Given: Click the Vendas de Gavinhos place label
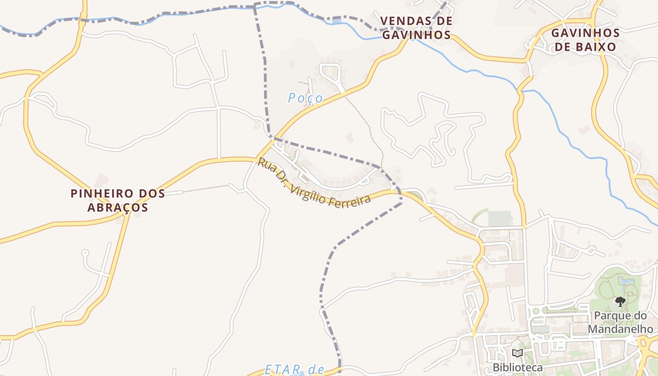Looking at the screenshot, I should pyautogui.click(x=416, y=28).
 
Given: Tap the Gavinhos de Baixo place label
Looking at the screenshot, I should pyautogui.click(x=585, y=40).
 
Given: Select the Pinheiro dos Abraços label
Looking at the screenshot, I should pyautogui.click(x=117, y=200).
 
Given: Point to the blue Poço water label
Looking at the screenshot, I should pyautogui.click(x=305, y=98).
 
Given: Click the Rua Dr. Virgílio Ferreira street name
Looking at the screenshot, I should pyautogui.click(x=314, y=181).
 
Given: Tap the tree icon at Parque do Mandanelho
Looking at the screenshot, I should pyautogui.click(x=620, y=301).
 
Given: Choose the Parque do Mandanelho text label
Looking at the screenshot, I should pyautogui.click(x=620, y=322).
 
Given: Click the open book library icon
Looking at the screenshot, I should pyautogui.click(x=517, y=353).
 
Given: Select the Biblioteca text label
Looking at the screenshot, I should pyautogui.click(x=517, y=367).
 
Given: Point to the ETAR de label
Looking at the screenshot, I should pyautogui.click(x=295, y=369).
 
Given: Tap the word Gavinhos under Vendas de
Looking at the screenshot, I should pyautogui.click(x=416, y=35).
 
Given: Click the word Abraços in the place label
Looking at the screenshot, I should pyautogui.click(x=117, y=207).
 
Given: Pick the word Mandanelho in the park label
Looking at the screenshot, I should pyautogui.click(x=620, y=329).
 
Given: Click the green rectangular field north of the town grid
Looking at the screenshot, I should pyautogui.click(x=500, y=219).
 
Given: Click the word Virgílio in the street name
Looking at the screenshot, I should pyautogui.click(x=311, y=187).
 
